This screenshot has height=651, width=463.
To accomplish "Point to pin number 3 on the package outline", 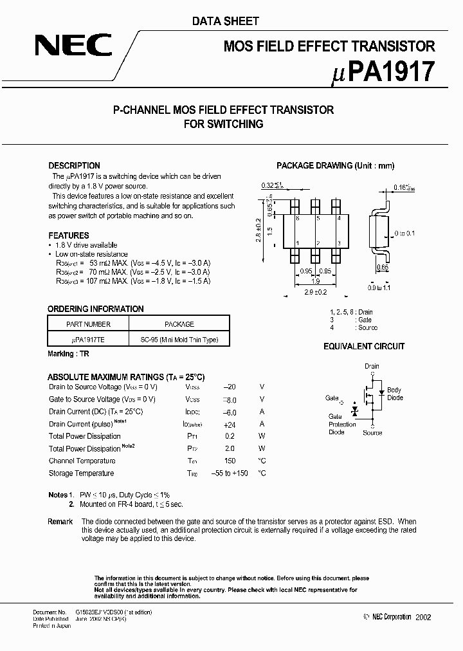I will [335, 243].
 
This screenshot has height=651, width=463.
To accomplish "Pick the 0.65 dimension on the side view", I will [382, 267].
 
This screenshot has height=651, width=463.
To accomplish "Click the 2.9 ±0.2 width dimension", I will [316, 293].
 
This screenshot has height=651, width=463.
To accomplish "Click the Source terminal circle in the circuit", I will [372, 425].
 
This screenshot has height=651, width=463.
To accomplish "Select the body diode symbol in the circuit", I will [381, 391].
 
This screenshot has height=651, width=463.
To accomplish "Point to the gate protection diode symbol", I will [353, 410].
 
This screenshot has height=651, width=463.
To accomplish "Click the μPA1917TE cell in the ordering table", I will [88, 340].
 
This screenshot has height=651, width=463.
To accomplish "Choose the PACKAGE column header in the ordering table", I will [179, 324].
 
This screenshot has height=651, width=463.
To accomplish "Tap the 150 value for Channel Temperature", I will [230, 461].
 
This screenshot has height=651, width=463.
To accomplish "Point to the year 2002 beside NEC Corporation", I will [422, 617].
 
